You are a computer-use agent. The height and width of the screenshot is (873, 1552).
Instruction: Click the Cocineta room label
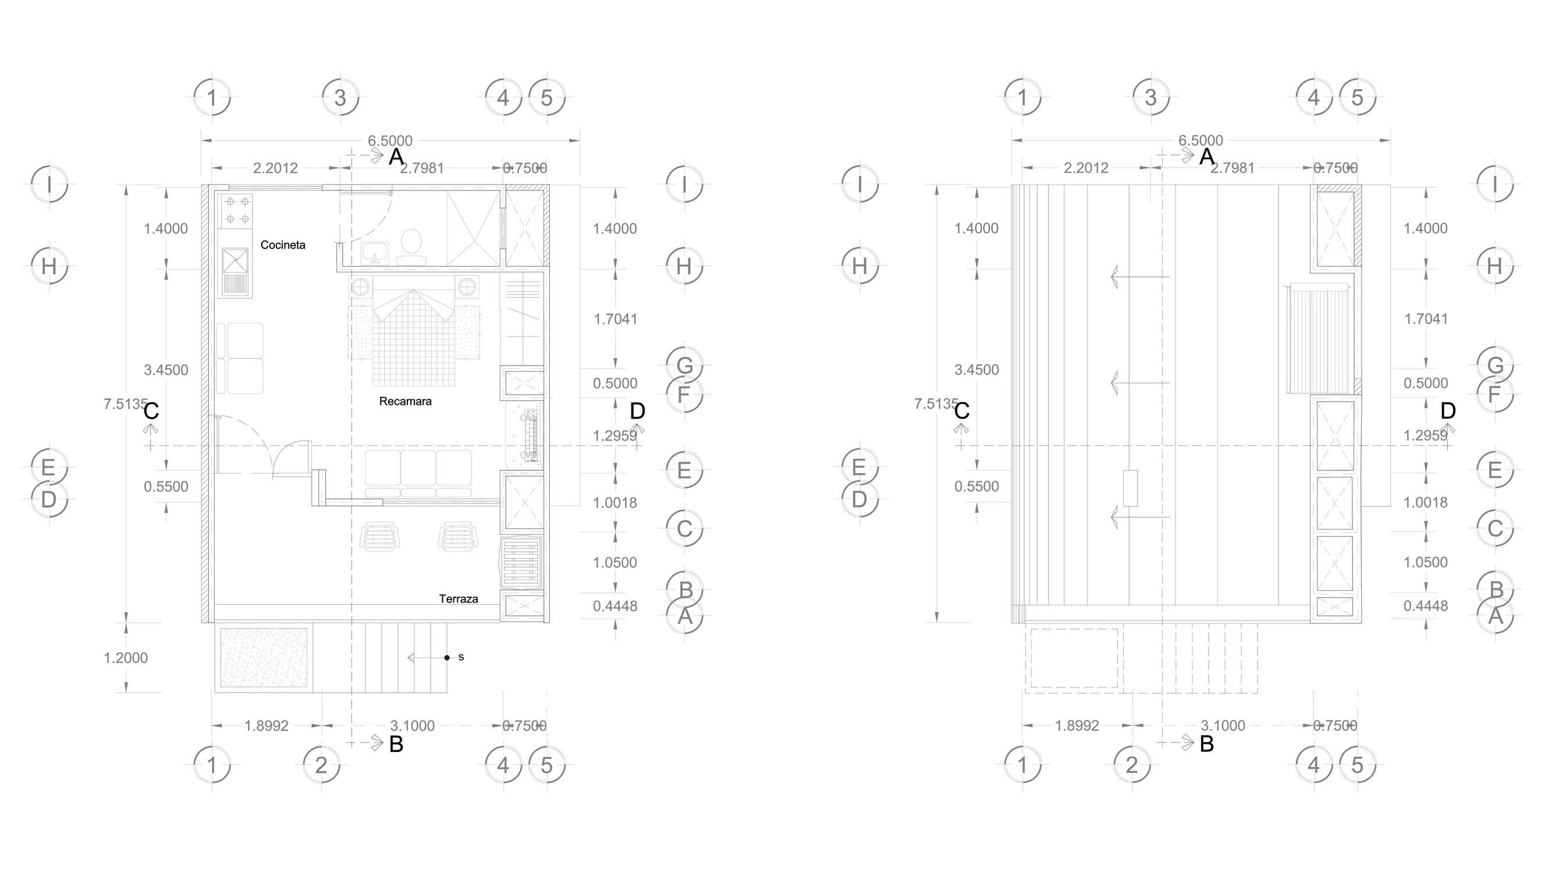tap(283, 245)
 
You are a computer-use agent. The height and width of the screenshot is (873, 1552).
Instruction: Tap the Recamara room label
tap(405, 401)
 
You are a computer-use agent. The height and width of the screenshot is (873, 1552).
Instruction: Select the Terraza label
tap(458, 599)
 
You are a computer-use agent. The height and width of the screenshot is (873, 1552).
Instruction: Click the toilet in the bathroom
tap(411, 244)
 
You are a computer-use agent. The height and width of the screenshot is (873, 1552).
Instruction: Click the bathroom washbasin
tap(375, 252)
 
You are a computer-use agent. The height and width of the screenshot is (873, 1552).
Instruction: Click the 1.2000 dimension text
tap(125, 658)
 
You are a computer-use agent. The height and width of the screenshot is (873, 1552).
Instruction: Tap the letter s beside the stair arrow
tap(461, 657)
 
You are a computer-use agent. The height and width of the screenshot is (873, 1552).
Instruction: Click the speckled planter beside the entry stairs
tap(264, 657)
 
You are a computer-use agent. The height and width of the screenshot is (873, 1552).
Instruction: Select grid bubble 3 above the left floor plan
tap(340, 98)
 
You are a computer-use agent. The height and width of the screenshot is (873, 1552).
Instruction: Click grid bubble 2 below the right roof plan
tap(1131, 765)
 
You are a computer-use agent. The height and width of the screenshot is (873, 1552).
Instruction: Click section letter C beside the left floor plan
tap(151, 411)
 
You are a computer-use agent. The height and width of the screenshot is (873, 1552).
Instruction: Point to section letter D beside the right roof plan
tap(1448, 411)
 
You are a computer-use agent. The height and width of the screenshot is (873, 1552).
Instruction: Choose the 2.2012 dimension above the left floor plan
tap(275, 168)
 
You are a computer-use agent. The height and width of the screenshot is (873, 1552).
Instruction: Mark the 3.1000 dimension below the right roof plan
tap(1223, 726)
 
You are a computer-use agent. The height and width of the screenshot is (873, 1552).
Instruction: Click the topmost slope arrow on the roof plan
tap(1139, 276)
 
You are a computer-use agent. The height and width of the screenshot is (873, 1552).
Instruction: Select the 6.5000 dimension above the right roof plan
tap(1200, 141)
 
